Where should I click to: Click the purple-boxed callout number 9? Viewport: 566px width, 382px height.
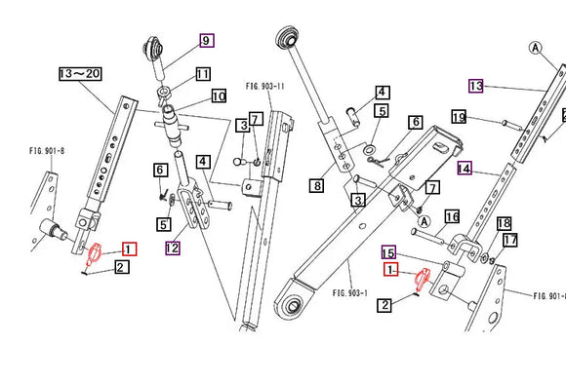pos(206,40)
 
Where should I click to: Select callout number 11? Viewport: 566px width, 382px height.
pos(202,74)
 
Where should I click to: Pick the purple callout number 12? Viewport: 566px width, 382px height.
pos(173,247)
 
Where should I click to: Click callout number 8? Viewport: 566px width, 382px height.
pos(317,184)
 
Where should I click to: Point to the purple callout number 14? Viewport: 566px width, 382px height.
pos(464,168)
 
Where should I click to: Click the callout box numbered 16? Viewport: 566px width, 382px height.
pos(452,215)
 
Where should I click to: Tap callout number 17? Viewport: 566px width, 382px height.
pos(510,240)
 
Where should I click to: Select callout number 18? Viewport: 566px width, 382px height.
pos(505,223)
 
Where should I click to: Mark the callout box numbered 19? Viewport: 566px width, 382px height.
pos(459,117)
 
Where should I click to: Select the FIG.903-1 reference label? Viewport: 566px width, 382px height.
pos(348,292)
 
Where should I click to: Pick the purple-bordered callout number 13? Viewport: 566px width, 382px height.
pos(475,86)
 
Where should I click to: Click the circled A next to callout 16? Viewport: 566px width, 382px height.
pos(424,221)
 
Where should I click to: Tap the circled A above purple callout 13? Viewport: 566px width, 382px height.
pos(535,46)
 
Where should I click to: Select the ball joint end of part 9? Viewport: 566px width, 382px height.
pos(154,46)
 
